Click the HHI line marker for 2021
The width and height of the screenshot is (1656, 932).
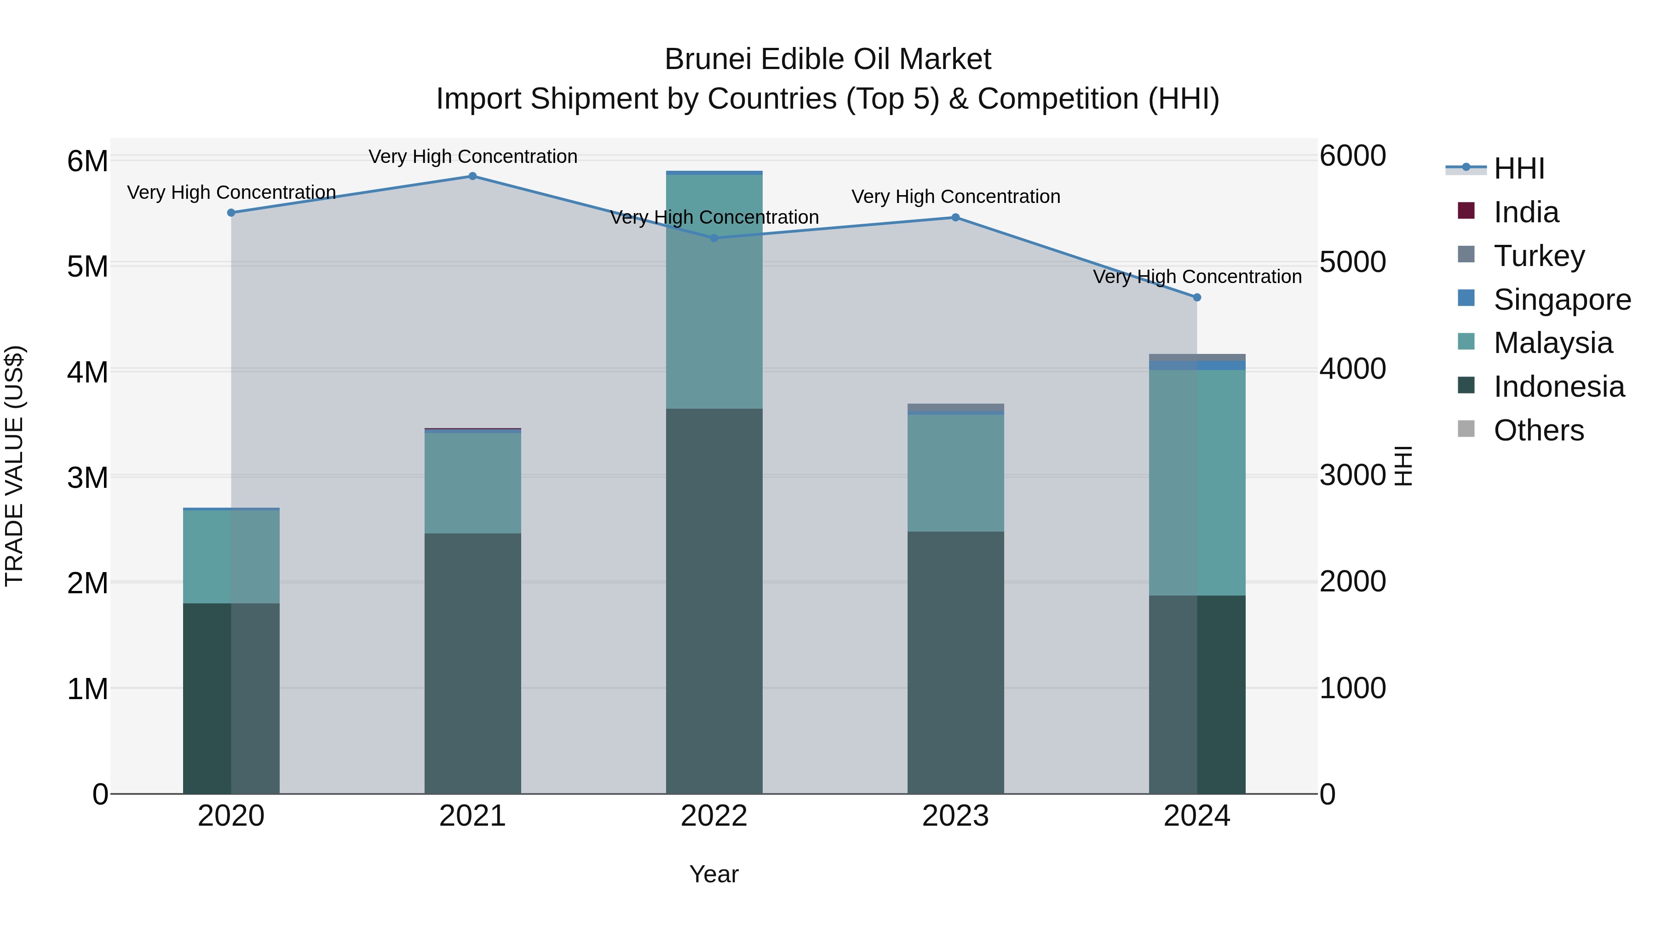click(472, 176)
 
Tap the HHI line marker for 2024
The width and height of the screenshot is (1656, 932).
click(1196, 298)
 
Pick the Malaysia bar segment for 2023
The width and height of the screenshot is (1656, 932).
click(955, 473)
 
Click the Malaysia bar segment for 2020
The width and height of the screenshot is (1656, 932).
click(231, 556)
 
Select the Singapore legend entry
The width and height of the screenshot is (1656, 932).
click(1562, 300)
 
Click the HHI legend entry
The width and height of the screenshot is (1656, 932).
click(1518, 168)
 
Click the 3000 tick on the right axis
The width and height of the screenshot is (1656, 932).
click(1352, 475)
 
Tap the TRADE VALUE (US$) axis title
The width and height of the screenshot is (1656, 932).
click(14, 466)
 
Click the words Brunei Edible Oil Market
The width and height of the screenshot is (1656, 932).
click(828, 59)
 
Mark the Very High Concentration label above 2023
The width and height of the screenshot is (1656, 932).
click(955, 197)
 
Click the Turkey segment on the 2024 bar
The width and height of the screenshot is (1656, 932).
click(1196, 358)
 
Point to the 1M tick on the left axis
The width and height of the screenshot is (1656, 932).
click(88, 689)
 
